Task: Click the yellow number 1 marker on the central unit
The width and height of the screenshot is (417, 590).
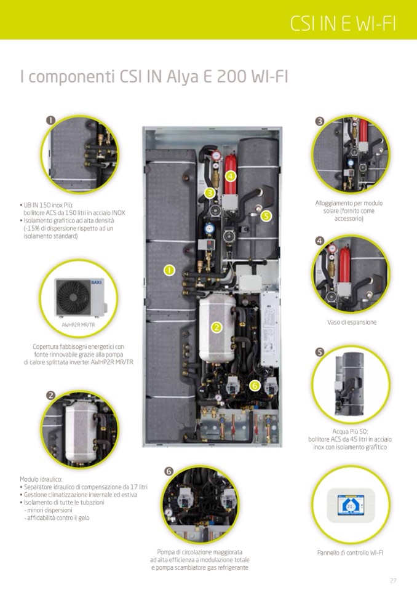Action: [x=170, y=270]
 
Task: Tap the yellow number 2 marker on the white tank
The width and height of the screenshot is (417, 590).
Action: [x=216, y=327]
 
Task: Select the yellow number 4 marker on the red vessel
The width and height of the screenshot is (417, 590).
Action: [x=231, y=176]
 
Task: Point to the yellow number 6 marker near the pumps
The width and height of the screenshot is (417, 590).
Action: [x=255, y=385]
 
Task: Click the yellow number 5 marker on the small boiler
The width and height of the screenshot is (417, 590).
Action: [x=266, y=216]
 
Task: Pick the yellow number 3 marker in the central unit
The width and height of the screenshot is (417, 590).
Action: [x=210, y=193]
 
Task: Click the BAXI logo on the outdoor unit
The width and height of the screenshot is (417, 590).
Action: [x=97, y=282]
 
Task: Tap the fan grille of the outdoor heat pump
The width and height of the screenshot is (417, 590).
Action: [x=73, y=298]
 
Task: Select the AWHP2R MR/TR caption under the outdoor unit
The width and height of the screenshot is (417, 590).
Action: [x=78, y=325]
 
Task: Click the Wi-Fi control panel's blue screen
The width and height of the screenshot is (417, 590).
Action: [x=350, y=505]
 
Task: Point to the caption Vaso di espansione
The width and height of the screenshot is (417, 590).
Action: [x=352, y=322]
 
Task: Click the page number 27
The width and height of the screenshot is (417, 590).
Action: [x=393, y=581]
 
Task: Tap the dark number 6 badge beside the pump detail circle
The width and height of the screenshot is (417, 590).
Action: [x=169, y=471]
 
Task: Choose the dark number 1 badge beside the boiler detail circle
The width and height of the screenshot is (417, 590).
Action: [x=51, y=120]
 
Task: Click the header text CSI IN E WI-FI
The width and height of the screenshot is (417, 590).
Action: [x=343, y=23]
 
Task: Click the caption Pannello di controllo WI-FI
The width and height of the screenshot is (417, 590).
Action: [x=350, y=552]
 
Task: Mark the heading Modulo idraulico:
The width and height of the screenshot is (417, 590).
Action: [x=41, y=479]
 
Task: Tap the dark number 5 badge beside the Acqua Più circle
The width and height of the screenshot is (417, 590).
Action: [x=320, y=352]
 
